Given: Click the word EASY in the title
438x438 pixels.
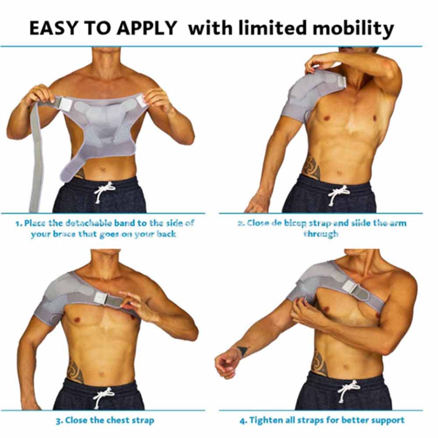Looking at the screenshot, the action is coord(53,28).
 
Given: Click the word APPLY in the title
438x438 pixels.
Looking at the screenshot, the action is coord(147,28).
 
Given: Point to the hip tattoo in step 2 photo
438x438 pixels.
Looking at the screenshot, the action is coord(312,166).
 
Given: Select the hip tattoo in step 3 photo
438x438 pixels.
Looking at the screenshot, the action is coord(75,372).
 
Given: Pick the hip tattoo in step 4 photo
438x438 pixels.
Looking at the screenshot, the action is coord(320,363).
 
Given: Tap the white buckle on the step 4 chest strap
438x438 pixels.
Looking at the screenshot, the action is coord(349,287).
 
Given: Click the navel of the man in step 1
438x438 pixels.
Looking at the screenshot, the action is coord(103,169).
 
